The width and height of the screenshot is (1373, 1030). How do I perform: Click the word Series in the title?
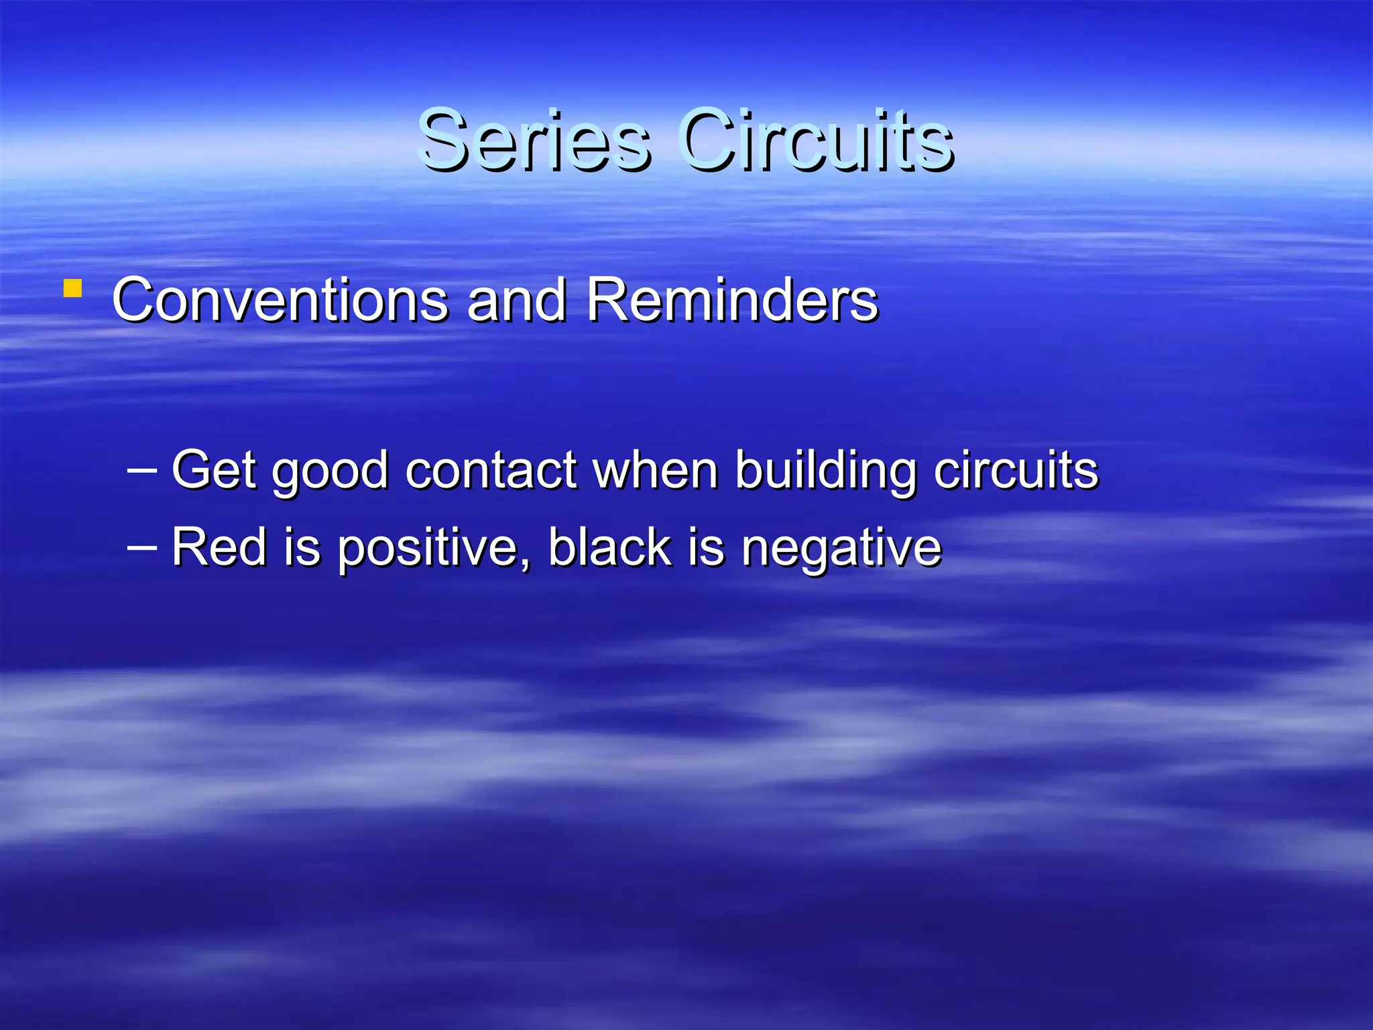click(533, 141)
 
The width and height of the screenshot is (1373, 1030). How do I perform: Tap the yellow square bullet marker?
click(72, 289)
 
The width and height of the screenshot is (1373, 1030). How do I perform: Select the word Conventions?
click(280, 300)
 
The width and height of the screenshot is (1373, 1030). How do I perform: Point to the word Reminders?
click(731, 300)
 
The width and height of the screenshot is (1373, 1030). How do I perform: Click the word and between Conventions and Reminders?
click(516, 300)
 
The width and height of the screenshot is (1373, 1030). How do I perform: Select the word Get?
click(214, 469)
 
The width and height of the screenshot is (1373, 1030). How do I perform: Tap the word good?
click(330, 471)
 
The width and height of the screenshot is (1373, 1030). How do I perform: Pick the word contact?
click(491, 469)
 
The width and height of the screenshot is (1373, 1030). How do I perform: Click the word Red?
click(219, 547)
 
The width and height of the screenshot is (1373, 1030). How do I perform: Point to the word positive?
click(426, 549)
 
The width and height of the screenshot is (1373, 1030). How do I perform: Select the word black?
click(609, 547)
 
